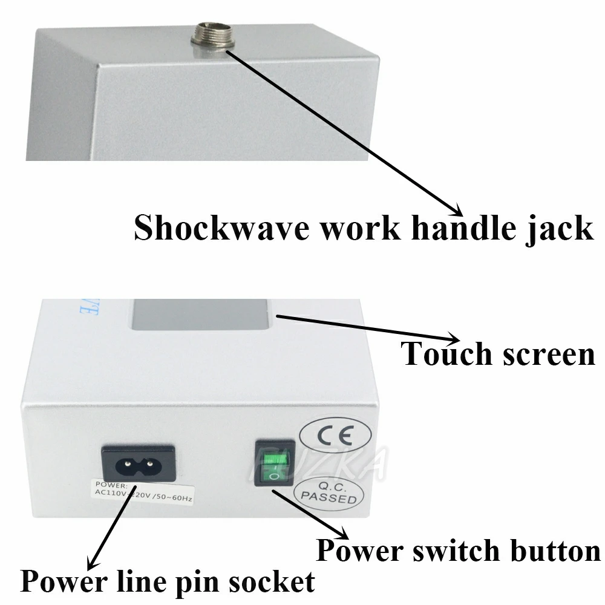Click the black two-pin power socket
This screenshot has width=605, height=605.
pyautogui.click(x=138, y=463)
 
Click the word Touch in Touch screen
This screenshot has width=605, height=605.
pyautogui.click(x=447, y=353)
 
